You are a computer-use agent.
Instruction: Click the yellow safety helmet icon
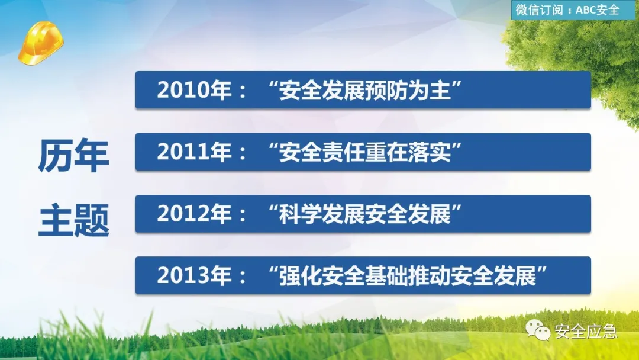click(x=41, y=43)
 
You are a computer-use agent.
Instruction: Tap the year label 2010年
click(x=195, y=90)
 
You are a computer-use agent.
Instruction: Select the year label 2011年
click(x=195, y=152)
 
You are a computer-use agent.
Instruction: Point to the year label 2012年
click(x=195, y=214)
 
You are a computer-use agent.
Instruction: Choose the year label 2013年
click(x=195, y=275)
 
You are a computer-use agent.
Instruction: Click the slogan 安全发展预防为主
click(x=364, y=90)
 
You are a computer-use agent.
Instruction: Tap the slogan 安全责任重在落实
click(x=364, y=152)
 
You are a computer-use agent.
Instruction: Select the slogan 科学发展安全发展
click(x=364, y=214)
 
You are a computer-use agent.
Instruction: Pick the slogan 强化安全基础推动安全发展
click(x=408, y=275)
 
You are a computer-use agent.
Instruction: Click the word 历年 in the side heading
click(x=73, y=155)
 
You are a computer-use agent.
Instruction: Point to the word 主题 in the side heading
click(x=74, y=220)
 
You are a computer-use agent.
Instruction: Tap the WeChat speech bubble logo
click(x=538, y=330)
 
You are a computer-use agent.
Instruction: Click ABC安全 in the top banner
click(x=598, y=10)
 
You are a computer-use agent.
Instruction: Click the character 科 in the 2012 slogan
click(x=290, y=214)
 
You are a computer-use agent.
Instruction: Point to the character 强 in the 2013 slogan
click(x=290, y=275)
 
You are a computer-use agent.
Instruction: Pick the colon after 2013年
click(x=243, y=277)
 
